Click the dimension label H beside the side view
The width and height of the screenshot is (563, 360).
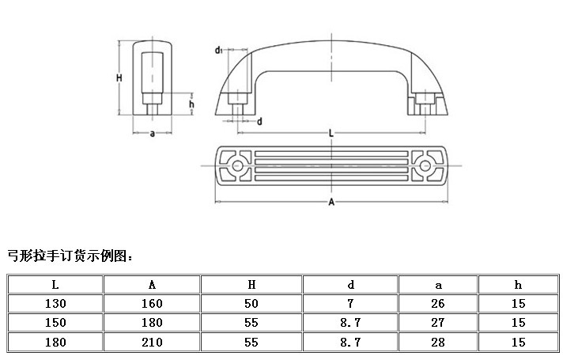[x=119, y=78]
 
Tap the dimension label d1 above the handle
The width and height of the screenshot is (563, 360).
[x=219, y=51]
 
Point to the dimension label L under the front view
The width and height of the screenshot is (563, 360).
[x=331, y=134]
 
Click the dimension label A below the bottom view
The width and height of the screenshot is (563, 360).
[x=331, y=203]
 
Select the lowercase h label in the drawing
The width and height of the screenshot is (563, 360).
[x=191, y=104]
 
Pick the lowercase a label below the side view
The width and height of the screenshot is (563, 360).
[x=153, y=134]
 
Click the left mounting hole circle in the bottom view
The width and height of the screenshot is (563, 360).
[x=237, y=165]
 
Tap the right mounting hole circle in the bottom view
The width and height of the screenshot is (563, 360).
[x=425, y=165]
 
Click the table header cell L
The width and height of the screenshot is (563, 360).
[x=55, y=285]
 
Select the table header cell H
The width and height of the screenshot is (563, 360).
[x=251, y=285]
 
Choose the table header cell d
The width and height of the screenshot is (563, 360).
[x=350, y=285]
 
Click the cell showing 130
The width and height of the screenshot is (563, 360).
[x=55, y=304]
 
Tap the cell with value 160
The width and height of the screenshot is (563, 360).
[x=152, y=304]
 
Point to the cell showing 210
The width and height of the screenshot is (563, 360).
[x=152, y=342]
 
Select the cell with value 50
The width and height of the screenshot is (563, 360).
[x=251, y=304]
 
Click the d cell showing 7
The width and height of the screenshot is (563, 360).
[x=350, y=304]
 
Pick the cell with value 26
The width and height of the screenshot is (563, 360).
[x=438, y=304]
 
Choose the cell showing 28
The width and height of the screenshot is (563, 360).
[x=438, y=342]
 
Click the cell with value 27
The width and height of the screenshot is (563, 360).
[x=438, y=323]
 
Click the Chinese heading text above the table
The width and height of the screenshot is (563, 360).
[x=70, y=256]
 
